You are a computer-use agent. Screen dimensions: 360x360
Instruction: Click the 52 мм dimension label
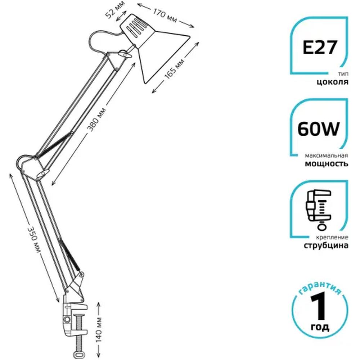[x=115, y=9]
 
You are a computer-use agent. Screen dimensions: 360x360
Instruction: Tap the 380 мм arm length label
[x=97, y=120]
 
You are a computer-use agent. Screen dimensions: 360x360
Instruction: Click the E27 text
[x=320, y=47]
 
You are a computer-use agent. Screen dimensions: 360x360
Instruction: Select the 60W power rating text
[x=319, y=129]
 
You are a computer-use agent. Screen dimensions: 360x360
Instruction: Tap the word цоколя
[x=332, y=82]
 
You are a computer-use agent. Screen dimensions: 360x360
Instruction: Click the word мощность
[x=327, y=164]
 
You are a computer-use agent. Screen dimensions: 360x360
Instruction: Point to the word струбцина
[x=326, y=246]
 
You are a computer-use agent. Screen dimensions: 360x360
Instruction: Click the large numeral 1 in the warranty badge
[x=319, y=307]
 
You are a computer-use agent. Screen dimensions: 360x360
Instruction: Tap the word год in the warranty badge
[x=320, y=327]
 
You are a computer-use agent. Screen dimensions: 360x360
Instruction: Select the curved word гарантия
[x=320, y=287]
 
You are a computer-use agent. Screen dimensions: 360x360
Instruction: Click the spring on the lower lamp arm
[x=69, y=255]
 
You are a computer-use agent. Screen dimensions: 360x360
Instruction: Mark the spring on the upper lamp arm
[x=54, y=144]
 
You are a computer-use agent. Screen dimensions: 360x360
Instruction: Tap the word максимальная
[x=327, y=156]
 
